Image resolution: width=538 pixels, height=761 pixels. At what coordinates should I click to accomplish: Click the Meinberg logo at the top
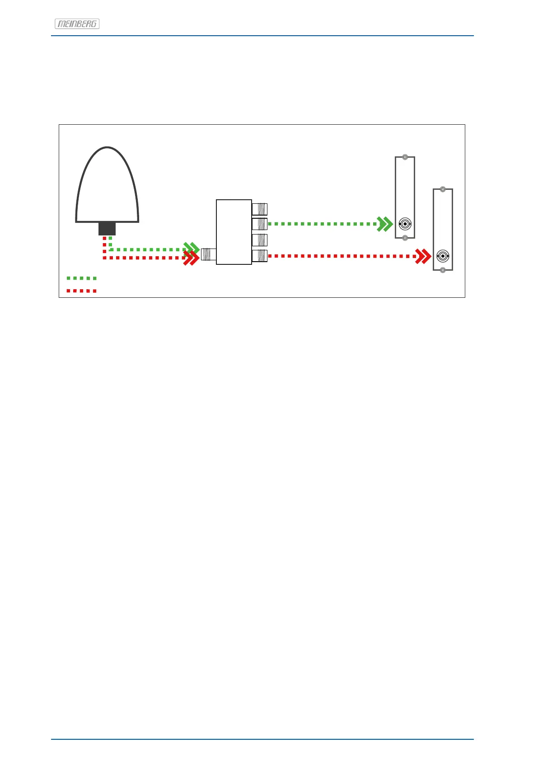point(77,24)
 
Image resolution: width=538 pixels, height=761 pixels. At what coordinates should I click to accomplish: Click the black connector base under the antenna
point(107,228)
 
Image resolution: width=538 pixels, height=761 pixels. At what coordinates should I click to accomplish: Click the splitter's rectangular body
point(234,232)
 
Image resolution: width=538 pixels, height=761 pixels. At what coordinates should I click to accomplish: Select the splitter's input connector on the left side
point(208,255)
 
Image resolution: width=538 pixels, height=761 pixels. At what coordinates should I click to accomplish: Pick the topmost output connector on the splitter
point(260,209)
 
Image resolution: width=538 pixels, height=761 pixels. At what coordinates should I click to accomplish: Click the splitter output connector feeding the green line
point(260,224)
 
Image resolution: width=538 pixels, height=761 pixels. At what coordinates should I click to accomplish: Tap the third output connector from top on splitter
point(260,240)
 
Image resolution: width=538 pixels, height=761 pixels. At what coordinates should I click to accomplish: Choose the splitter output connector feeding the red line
point(260,256)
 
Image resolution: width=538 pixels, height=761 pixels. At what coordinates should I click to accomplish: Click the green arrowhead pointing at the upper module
point(385,224)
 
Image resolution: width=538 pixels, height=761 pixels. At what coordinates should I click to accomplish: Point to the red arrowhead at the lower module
point(423,256)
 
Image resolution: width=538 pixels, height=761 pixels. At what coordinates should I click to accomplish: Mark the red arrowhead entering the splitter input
point(192,258)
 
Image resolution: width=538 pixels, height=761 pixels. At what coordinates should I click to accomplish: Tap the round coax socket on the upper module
point(405,224)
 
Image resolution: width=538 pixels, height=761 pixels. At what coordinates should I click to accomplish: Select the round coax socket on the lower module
point(443,256)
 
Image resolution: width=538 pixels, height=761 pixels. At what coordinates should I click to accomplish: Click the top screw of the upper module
point(405,158)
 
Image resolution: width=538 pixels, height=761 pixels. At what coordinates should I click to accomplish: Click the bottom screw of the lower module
point(443,270)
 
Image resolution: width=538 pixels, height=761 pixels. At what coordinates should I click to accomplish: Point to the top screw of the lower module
point(443,189)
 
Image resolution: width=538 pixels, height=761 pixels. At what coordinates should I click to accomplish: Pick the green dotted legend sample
point(81,278)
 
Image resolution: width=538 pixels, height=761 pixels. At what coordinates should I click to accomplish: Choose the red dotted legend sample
point(81,291)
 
